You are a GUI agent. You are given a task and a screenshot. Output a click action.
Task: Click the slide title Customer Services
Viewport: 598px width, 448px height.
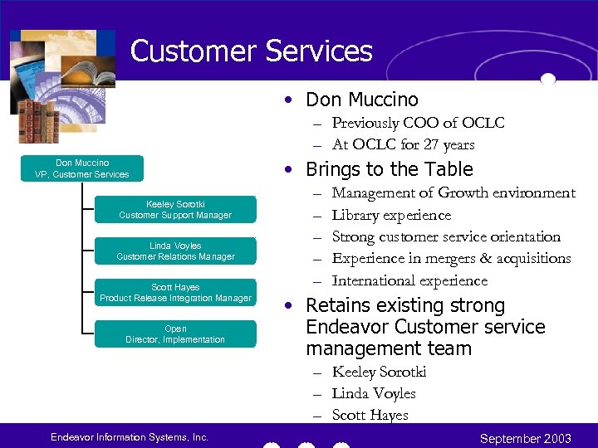251,51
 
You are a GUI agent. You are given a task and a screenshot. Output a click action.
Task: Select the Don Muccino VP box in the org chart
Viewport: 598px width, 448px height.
82,168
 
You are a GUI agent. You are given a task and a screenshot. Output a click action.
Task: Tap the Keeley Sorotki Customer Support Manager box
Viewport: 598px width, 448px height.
175,210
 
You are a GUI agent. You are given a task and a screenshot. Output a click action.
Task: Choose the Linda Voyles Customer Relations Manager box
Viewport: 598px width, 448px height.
175,251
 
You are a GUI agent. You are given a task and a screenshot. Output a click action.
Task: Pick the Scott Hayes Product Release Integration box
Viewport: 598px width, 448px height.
175,293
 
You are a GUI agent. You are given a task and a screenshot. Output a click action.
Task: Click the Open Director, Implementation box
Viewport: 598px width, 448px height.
175,334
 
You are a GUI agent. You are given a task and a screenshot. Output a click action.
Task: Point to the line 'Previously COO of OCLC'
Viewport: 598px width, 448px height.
418,123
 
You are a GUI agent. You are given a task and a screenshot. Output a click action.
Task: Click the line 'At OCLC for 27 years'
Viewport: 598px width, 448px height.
403,144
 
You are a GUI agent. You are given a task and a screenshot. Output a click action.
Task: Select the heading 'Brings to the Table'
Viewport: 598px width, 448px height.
389,169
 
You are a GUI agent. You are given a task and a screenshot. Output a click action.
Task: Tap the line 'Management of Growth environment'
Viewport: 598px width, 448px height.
453,192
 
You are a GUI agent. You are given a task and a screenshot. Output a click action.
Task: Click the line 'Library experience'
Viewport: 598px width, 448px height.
391,215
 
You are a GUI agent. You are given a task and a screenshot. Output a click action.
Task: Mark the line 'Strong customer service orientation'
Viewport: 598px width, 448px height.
446,236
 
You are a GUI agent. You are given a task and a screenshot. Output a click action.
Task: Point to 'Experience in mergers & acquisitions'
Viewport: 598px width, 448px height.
451,258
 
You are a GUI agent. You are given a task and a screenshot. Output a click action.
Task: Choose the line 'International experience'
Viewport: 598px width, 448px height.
409,280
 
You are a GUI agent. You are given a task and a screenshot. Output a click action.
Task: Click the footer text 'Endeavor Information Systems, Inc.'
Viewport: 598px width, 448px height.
129,437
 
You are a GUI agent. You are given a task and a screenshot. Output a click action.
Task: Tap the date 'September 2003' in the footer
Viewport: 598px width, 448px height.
526,438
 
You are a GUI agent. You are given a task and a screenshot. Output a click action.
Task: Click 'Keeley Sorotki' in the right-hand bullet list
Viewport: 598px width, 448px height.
379,372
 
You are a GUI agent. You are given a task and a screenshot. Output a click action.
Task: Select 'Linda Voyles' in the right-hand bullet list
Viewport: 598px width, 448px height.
374,393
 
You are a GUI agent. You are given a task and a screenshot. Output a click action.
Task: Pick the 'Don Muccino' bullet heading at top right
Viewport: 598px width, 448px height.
362,100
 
